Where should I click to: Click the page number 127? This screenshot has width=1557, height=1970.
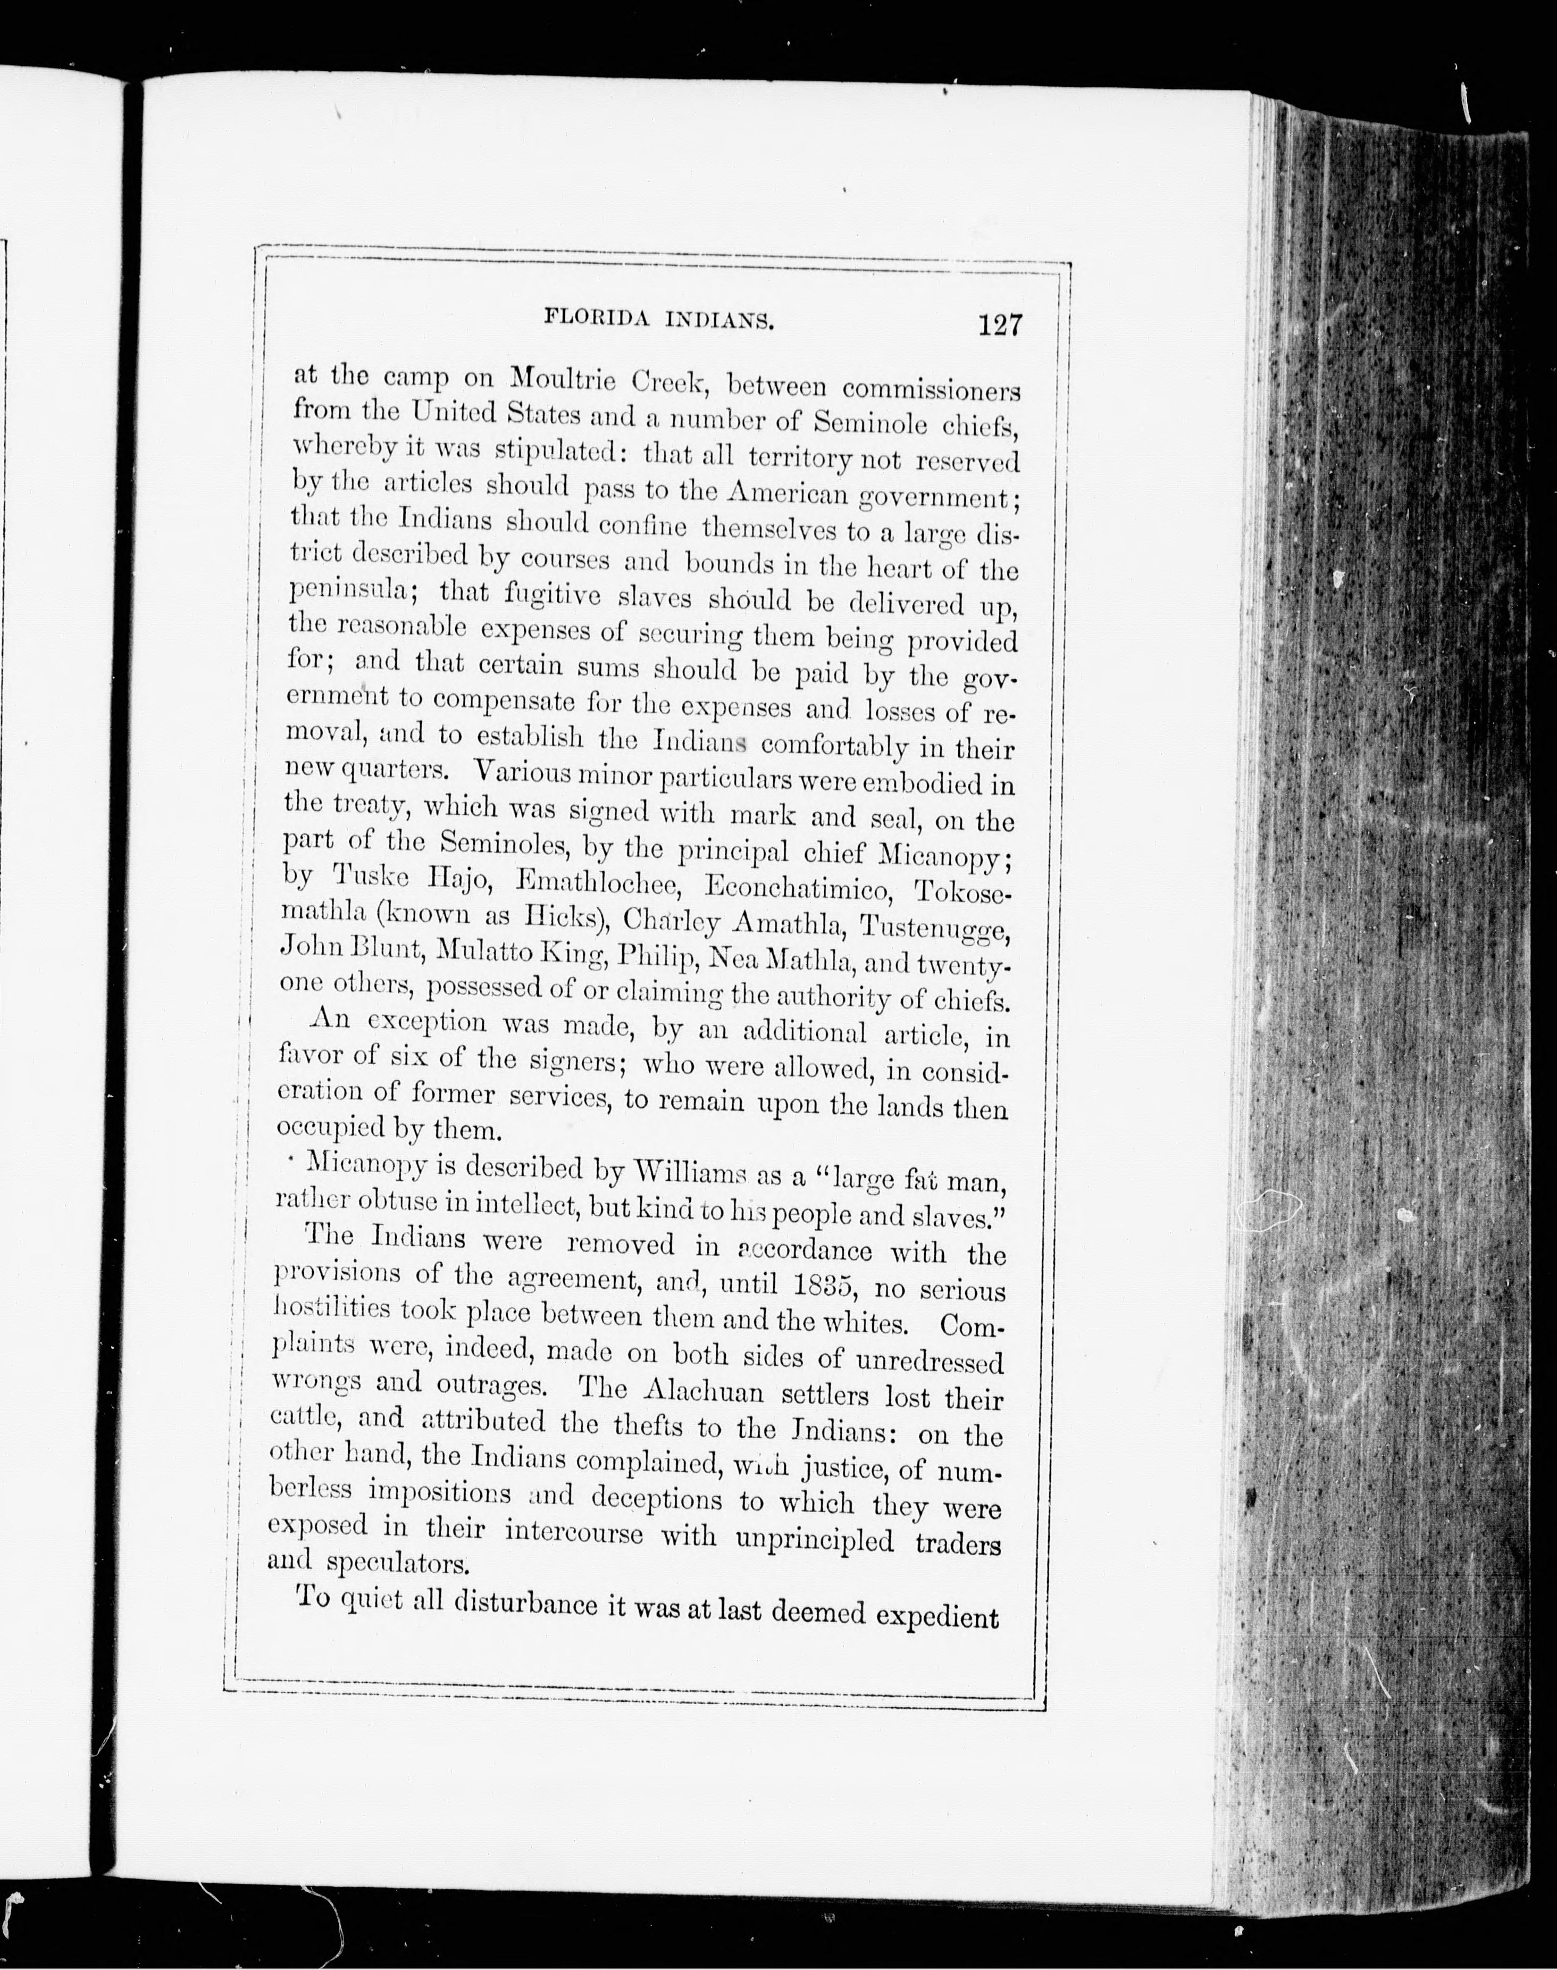click(x=1000, y=325)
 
